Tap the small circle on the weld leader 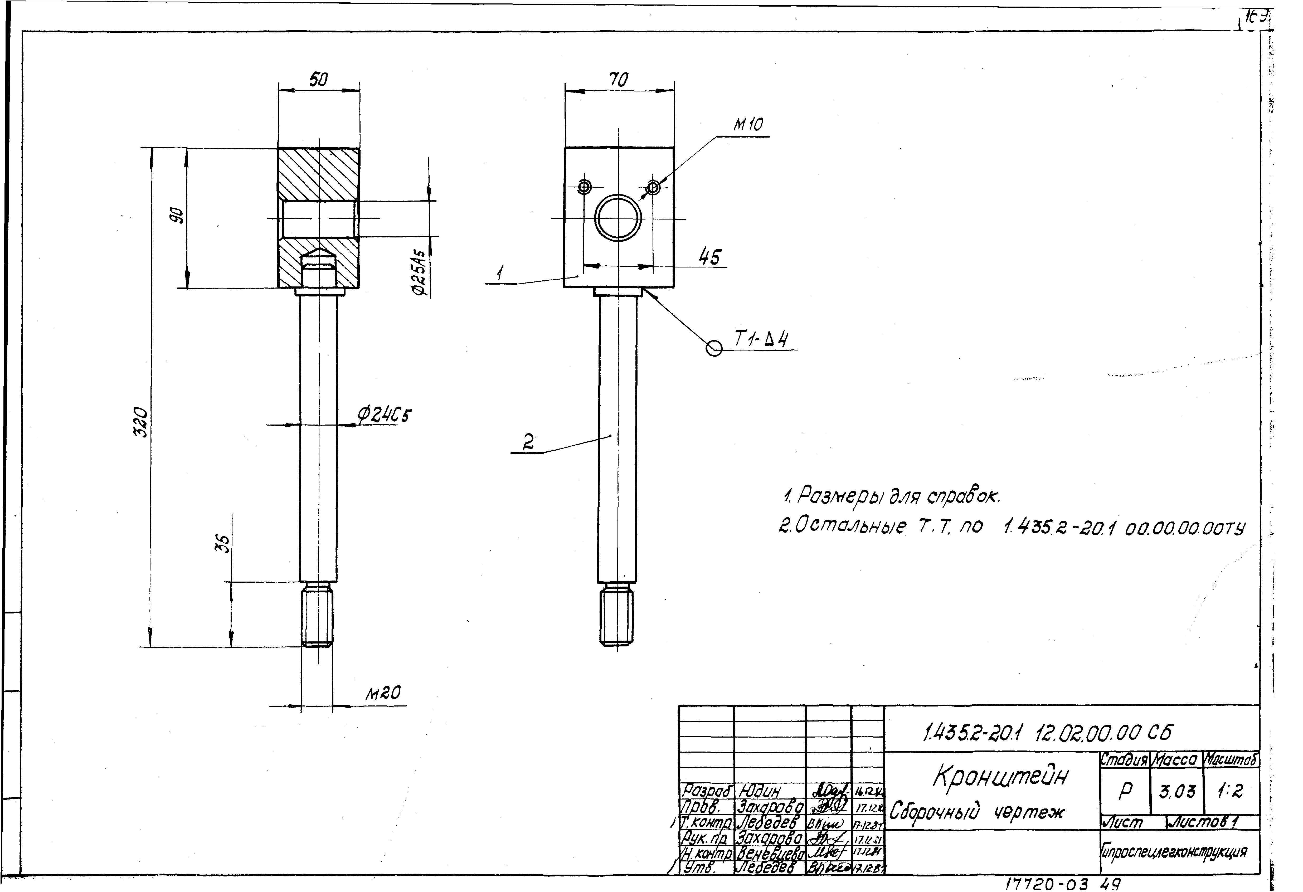tap(714, 348)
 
